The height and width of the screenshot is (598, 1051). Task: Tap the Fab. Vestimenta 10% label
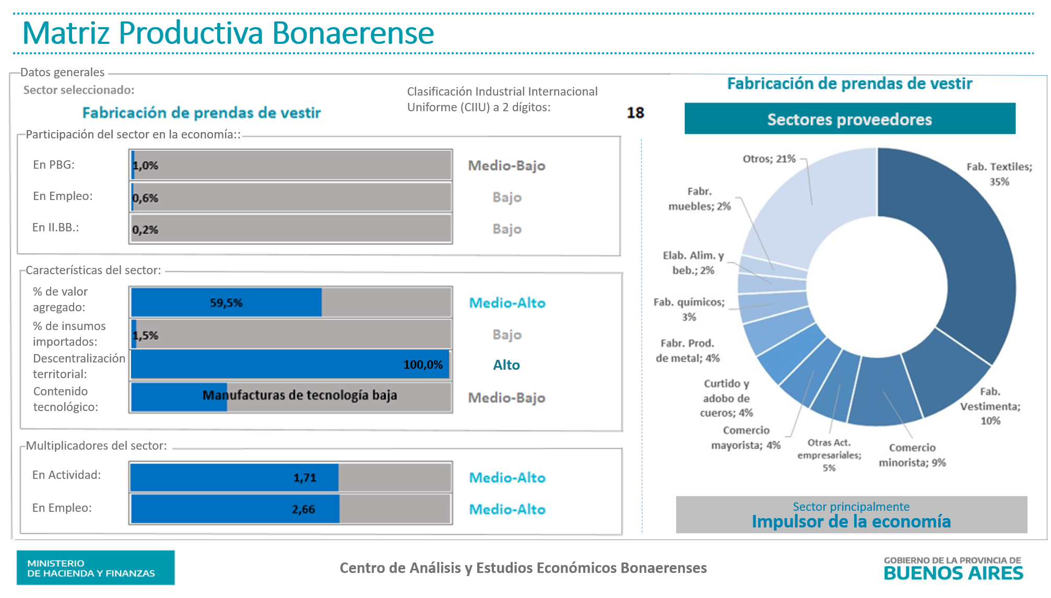(990, 406)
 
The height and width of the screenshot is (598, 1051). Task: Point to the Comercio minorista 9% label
(912, 455)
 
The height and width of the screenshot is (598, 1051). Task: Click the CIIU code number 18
(635, 113)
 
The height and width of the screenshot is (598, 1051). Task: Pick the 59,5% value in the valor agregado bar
(226, 303)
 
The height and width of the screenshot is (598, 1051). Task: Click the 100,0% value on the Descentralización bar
(423, 365)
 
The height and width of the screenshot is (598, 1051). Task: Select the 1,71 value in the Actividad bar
(304, 477)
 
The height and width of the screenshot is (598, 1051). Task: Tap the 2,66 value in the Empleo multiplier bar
(303, 509)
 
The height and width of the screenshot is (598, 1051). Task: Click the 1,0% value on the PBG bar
(145, 166)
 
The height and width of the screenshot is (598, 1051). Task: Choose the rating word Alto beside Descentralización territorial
(506, 365)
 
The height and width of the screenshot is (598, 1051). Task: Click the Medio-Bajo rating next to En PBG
(506, 166)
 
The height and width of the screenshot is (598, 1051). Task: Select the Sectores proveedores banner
(849, 119)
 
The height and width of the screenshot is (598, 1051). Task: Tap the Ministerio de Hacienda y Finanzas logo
(96, 568)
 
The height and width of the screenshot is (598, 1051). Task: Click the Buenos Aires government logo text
(953, 569)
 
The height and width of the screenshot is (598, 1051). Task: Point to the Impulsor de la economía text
(851, 521)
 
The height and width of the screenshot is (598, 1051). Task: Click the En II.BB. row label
(55, 227)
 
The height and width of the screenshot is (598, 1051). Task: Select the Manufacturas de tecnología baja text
(300, 395)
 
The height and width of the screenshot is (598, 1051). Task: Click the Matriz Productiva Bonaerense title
(228, 33)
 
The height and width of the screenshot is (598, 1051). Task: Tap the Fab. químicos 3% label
(689, 309)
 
